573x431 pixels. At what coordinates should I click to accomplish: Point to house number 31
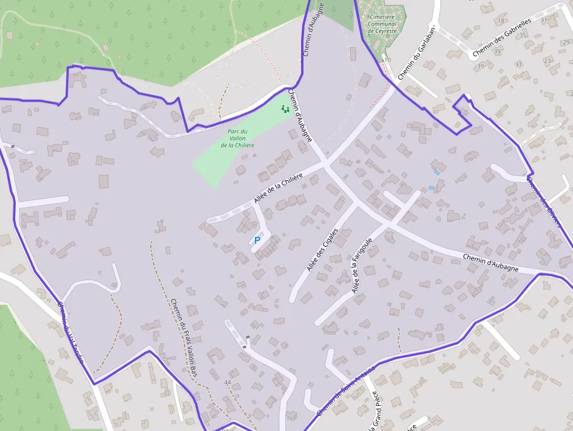(x=544, y=20)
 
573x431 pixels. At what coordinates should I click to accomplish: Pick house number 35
(x=523, y=35)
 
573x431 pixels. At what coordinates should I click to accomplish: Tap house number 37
(x=518, y=64)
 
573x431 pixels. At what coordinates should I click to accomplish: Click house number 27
(x=547, y=61)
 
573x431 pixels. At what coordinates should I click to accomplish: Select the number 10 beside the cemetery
(x=387, y=60)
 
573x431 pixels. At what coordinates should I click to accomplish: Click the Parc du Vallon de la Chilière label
(x=237, y=138)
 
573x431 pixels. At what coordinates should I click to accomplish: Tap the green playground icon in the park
(x=285, y=109)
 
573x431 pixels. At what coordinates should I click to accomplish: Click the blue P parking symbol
(x=257, y=240)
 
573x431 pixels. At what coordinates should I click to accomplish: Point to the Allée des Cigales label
(x=322, y=250)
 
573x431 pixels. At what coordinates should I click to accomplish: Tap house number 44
(x=227, y=382)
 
